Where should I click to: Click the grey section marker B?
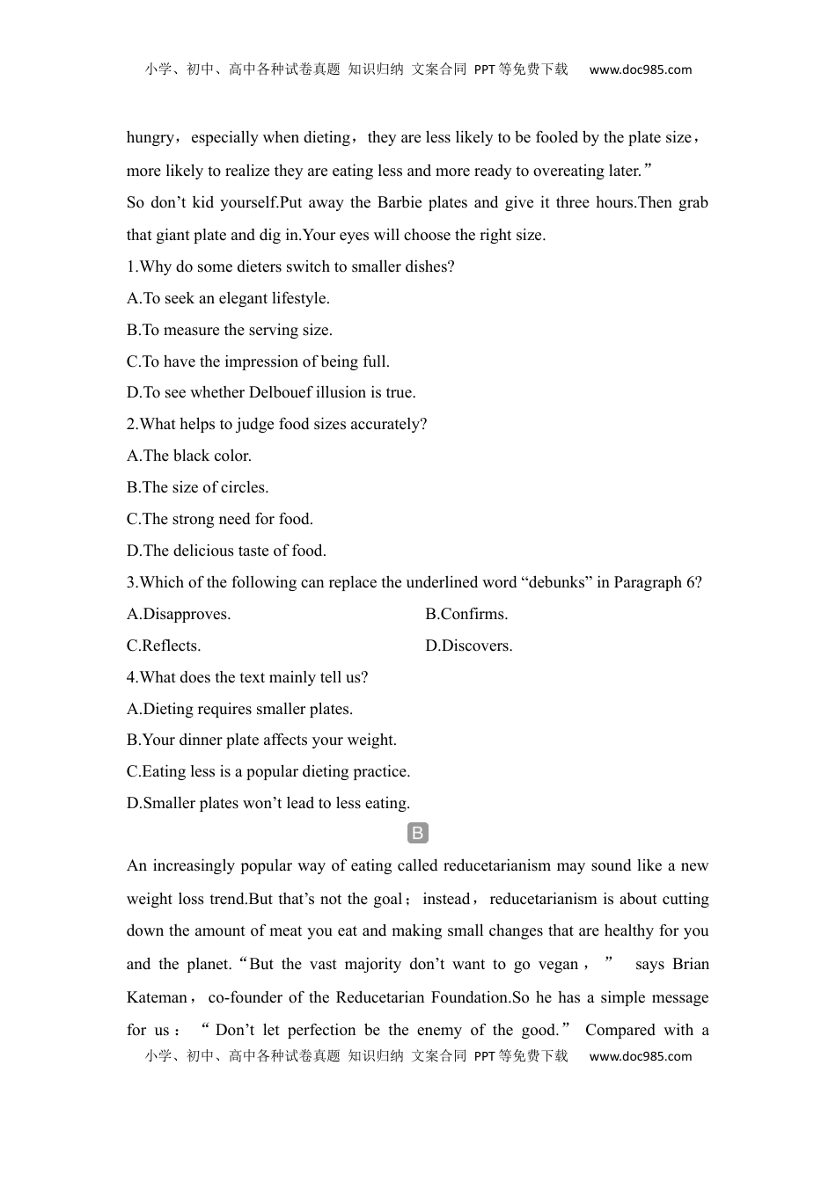(x=418, y=834)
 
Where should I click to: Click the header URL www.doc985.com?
(x=640, y=70)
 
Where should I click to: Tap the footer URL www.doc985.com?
(x=640, y=1056)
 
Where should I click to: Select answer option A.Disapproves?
(x=179, y=614)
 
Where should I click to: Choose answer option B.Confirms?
(x=466, y=614)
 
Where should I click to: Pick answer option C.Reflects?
(x=164, y=646)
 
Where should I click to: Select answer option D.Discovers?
(x=469, y=646)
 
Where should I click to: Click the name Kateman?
(x=158, y=997)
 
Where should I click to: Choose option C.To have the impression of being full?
(x=258, y=361)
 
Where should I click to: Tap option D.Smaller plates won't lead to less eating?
(x=268, y=803)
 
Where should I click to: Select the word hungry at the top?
(x=150, y=137)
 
